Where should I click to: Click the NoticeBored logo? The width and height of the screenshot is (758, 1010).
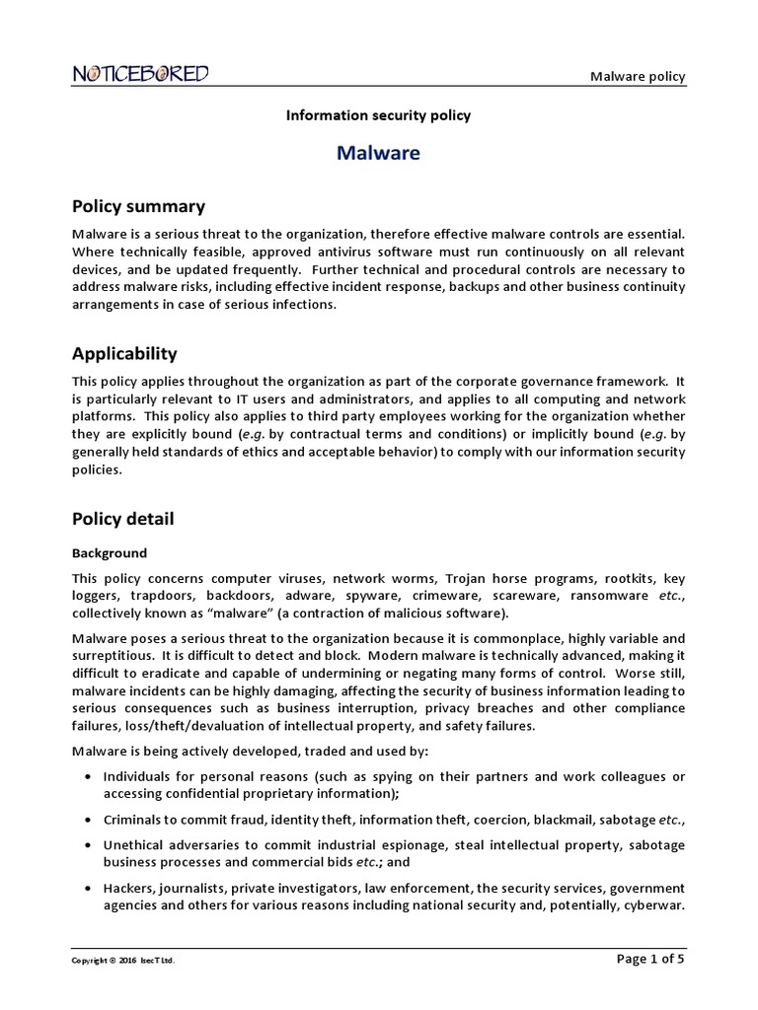tap(139, 74)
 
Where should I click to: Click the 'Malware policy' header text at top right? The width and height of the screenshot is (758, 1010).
tap(638, 77)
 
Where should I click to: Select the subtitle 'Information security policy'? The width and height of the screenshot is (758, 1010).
tap(378, 115)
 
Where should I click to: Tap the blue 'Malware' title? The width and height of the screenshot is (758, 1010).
tap(378, 153)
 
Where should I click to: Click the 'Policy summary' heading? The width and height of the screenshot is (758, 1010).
tap(138, 206)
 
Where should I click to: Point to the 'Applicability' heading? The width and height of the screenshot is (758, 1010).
tap(124, 353)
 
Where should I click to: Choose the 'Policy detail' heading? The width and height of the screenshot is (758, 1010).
tap(123, 518)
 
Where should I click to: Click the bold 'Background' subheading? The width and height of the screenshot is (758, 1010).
tap(110, 553)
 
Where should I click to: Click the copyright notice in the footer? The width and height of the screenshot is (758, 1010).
tap(124, 960)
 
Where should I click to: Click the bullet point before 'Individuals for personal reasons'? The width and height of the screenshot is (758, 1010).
tap(91, 777)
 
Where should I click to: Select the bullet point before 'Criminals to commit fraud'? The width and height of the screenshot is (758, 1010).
tap(91, 820)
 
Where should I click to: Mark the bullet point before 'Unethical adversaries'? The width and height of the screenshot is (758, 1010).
tap(91, 845)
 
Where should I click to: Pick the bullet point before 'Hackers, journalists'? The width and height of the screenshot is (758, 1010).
tap(91, 889)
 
